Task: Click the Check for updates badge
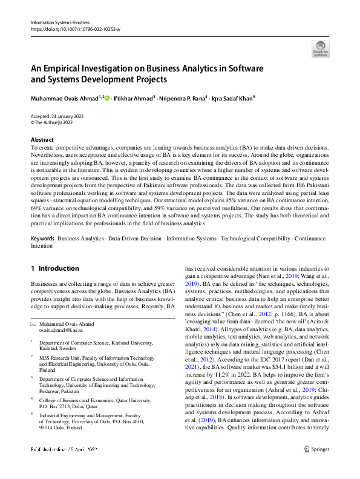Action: pyautogui.click(x=319, y=48)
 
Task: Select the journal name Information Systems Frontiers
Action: pyautogui.click(x=56, y=22)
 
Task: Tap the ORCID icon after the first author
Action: pyautogui.click(x=107, y=97)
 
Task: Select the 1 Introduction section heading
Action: pyautogui.click(x=54, y=268)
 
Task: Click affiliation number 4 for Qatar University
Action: pyautogui.click(x=32, y=399)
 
